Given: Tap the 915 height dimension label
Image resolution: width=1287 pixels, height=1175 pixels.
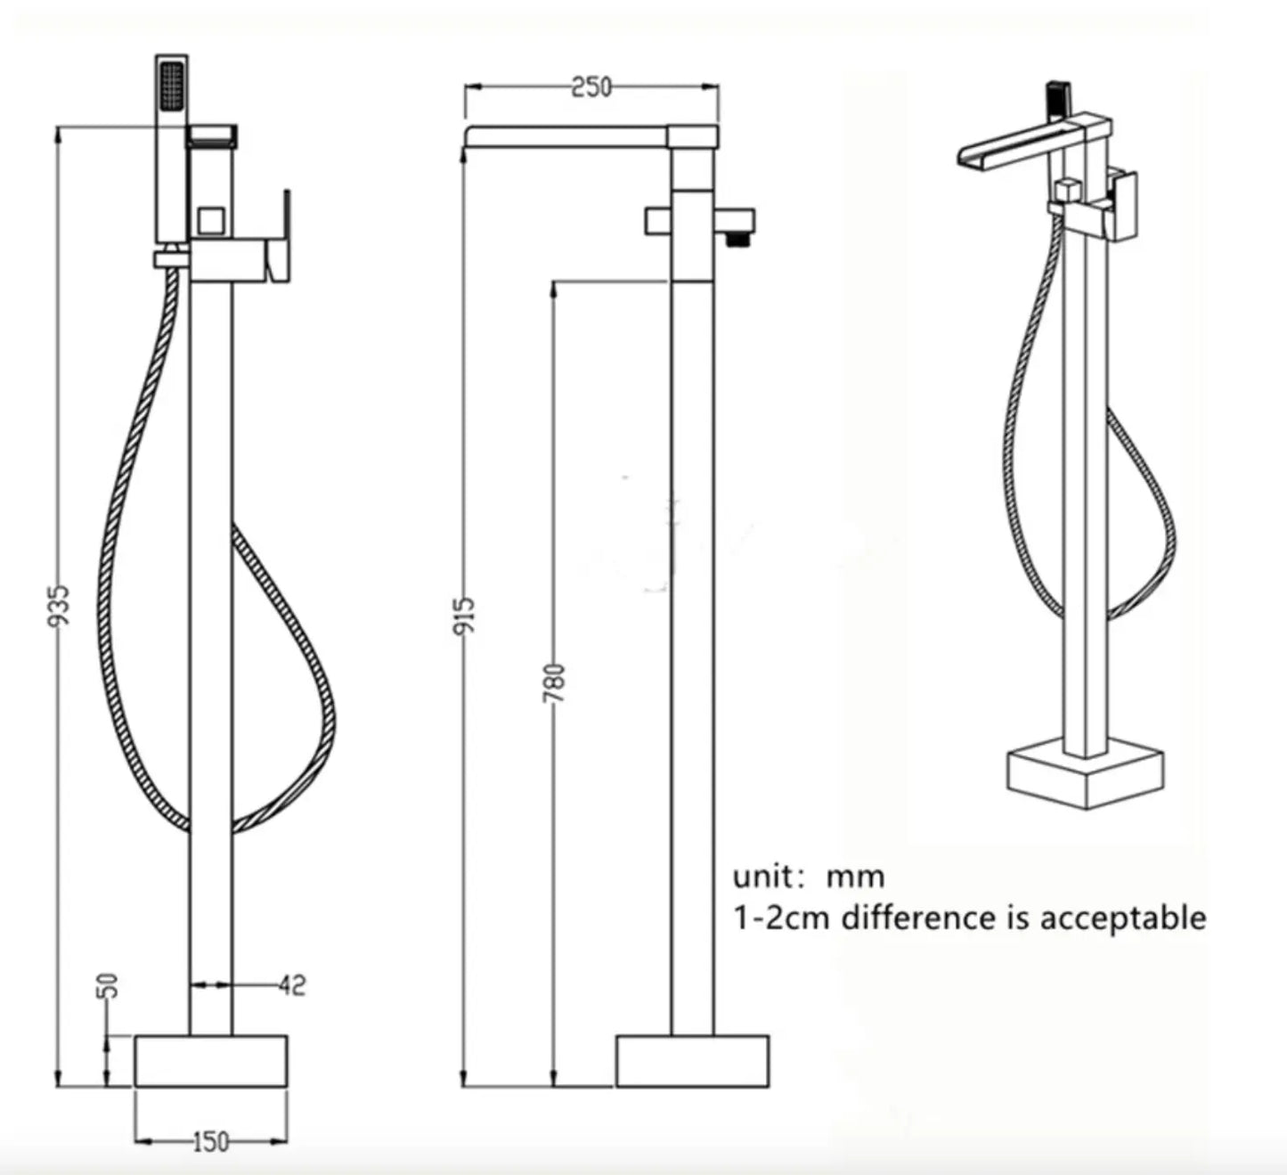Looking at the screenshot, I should click(464, 616).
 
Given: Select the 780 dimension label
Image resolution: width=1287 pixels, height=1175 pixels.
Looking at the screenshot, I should click(554, 682).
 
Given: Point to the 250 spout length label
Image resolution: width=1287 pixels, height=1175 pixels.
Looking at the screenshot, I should click(591, 87).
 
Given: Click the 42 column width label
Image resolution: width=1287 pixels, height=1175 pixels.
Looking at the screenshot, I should click(292, 985).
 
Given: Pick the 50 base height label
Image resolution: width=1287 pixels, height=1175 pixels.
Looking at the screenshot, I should click(108, 985).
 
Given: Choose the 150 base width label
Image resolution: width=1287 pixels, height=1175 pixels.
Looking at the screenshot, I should click(210, 1142).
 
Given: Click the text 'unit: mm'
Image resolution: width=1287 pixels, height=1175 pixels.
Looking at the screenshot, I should click(809, 877).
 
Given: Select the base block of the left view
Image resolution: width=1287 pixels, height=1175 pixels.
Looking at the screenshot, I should click(210, 1061).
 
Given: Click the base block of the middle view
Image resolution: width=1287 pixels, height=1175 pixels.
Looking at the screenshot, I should click(692, 1061).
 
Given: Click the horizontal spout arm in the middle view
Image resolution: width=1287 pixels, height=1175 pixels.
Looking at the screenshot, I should click(570, 136).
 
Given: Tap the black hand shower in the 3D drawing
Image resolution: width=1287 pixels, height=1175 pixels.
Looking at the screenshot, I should click(1057, 98).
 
